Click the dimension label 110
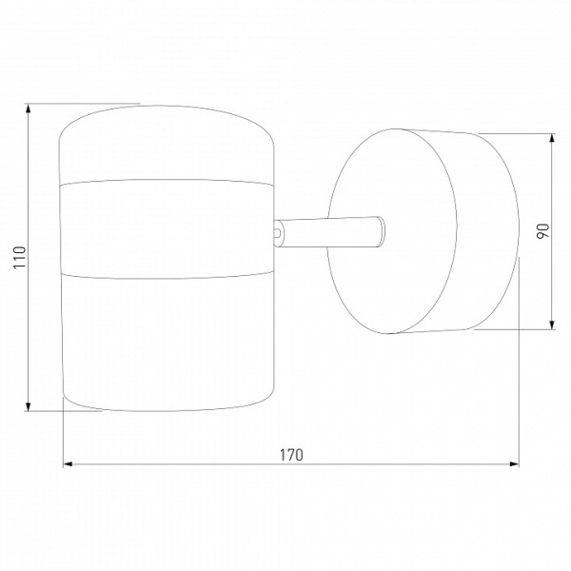pyautogui.click(x=20, y=258)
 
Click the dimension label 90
pyautogui.click(x=542, y=231)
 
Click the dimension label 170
pyautogui.click(x=291, y=455)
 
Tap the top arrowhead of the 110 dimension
pyautogui.click(x=29, y=108)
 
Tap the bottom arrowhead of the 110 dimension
pyautogui.click(x=29, y=406)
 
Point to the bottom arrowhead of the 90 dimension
pyautogui.click(x=552, y=325)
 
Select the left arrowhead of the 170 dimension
pyautogui.click(x=69, y=464)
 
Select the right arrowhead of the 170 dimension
pyautogui.click(x=514, y=464)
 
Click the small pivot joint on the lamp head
pyautogui.click(x=278, y=232)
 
